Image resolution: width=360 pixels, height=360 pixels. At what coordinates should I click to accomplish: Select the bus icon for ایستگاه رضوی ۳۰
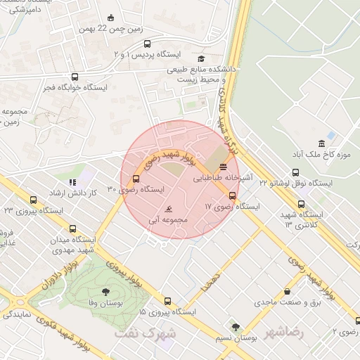(136, 178)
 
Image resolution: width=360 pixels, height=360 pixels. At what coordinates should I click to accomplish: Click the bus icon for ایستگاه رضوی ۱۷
(233, 195)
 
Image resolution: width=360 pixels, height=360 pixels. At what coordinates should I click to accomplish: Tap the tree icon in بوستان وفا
(105, 290)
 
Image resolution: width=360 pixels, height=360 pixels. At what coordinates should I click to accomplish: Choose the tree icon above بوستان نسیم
(235, 327)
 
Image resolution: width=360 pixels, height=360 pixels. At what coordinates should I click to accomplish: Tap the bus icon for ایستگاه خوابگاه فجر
(75, 77)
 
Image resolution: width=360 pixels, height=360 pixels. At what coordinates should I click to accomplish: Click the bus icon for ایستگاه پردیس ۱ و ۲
(146, 43)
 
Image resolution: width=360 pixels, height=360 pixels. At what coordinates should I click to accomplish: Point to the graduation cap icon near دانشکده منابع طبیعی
(202, 59)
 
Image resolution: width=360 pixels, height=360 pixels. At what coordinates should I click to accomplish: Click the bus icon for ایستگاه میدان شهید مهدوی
(73, 228)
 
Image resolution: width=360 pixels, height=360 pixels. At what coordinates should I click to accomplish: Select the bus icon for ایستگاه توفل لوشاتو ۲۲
(296, 171)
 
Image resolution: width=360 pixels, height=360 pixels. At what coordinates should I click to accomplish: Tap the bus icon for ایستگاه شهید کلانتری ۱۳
(302, 205)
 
